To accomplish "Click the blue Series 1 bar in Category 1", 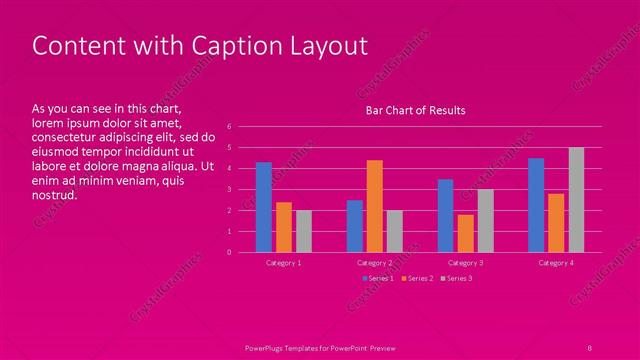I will (263, 207).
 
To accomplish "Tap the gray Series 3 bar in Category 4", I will (576, 200).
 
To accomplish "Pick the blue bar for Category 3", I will (445, 216).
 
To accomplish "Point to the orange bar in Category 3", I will (465, 233).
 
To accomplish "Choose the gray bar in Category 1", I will (303, 231).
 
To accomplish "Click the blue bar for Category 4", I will (536, 205).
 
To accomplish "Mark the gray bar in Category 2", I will (394, 231).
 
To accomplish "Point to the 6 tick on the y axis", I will (229, 126).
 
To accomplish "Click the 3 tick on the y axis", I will (229, 189).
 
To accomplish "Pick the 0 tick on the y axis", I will (229, 252).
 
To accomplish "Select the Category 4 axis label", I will (556, 262).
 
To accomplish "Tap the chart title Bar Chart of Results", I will (415, 110).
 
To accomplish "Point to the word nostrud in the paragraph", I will (54, 195).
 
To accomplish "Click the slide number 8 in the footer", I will (590, 346).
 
